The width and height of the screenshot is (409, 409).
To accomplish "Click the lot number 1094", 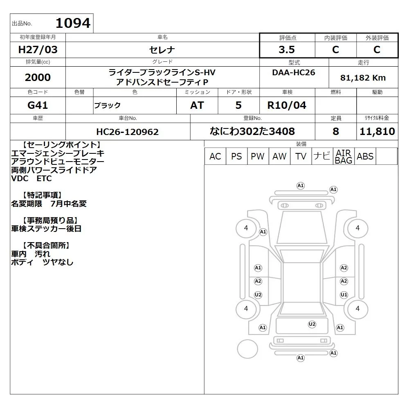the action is coord(73,23).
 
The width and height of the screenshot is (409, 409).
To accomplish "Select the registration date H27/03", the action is coord(38,49).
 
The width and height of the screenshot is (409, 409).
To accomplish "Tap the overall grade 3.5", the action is coord(287,49).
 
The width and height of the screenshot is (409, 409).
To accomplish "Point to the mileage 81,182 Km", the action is coord(363,77).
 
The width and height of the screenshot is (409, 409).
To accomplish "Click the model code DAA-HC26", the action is coord(293,72).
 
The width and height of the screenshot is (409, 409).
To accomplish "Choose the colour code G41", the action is coord(38,105).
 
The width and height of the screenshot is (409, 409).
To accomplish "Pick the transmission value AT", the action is coord(197,105).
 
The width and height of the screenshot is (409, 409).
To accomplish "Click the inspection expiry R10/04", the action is coord(287,105).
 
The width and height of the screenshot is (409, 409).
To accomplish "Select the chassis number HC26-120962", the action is coord(127,132).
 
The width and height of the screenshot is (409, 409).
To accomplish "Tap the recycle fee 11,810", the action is coord(377,131).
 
